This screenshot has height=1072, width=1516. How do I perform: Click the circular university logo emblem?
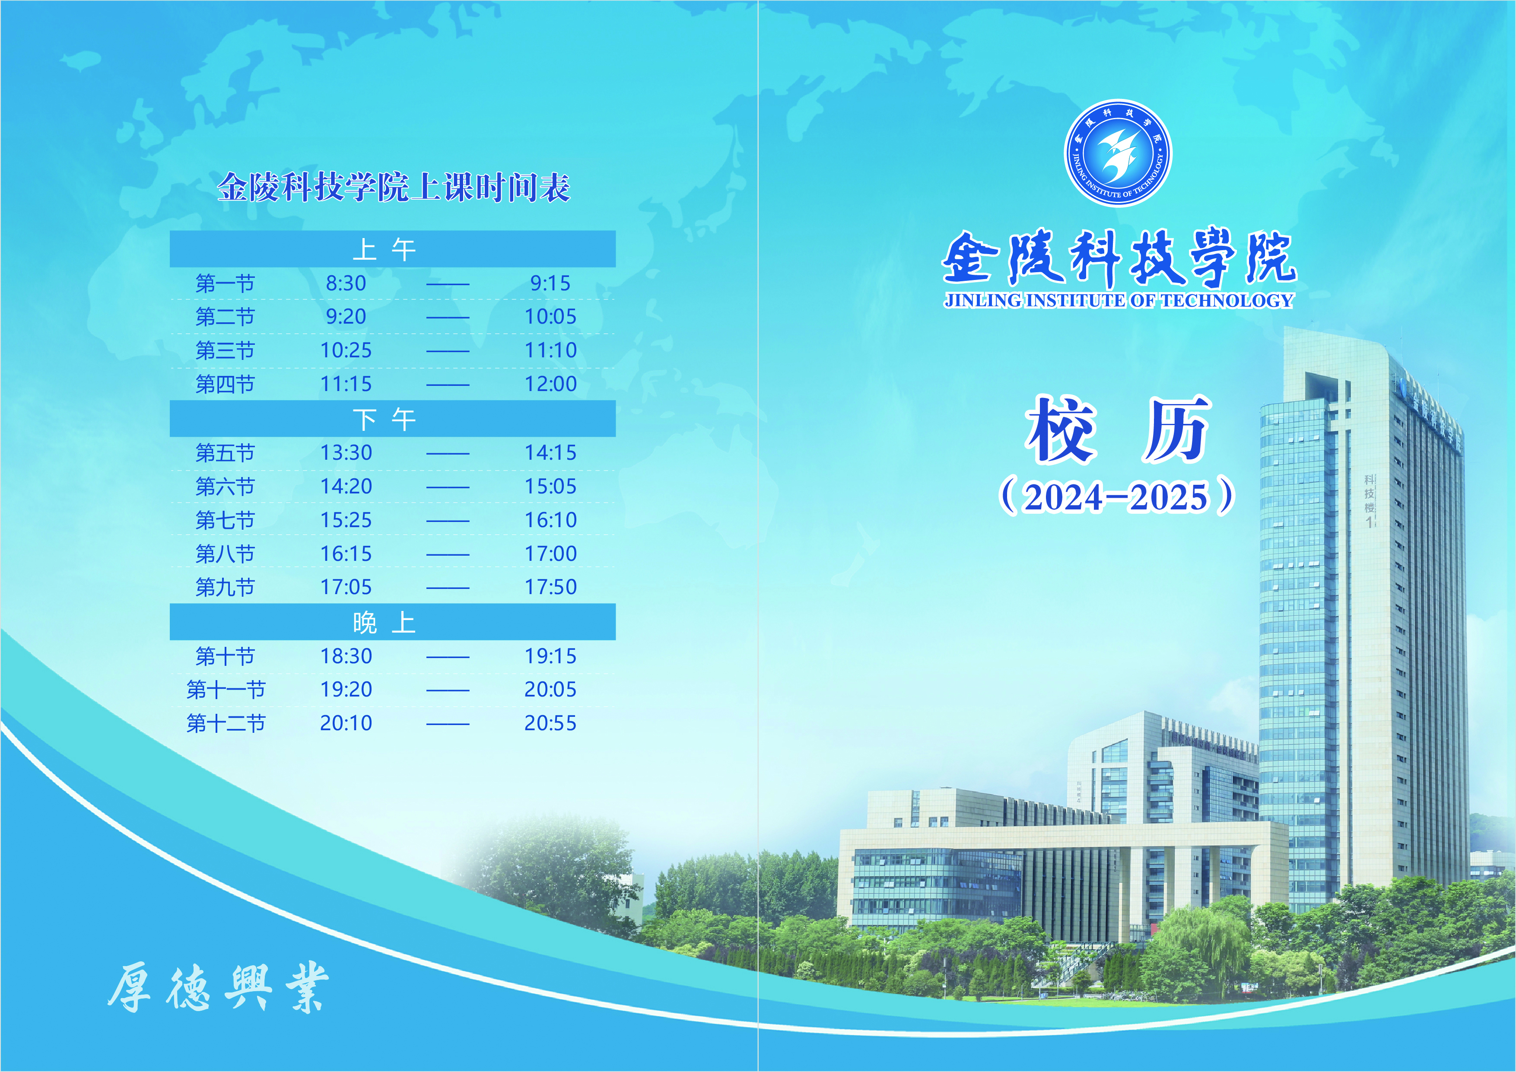(1117, 153)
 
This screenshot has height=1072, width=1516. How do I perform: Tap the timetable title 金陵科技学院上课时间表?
(394, 187)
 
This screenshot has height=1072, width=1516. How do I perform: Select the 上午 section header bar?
(392, 249)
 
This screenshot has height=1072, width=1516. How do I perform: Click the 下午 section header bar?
(392, 419)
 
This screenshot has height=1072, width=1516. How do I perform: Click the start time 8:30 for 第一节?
(346, 283)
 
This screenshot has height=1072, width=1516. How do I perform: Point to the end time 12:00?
(551, 384)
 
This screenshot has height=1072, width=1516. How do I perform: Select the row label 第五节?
(225, 453)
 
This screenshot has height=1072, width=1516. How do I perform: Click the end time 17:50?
(551, 587)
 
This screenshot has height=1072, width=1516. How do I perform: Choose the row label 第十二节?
(226, 723)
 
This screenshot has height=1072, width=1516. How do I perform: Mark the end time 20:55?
(551, 723)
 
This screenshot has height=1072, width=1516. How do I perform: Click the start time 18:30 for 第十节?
(346, 656)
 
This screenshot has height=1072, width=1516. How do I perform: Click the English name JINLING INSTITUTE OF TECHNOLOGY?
(1119, 301)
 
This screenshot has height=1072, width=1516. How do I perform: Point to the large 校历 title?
(1117, 429)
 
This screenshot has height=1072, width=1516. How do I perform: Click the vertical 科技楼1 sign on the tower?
(1370, 501)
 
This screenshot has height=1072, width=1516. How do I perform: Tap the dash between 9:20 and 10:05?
(448, 318)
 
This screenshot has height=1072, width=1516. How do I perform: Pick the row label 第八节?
(225, 553)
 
